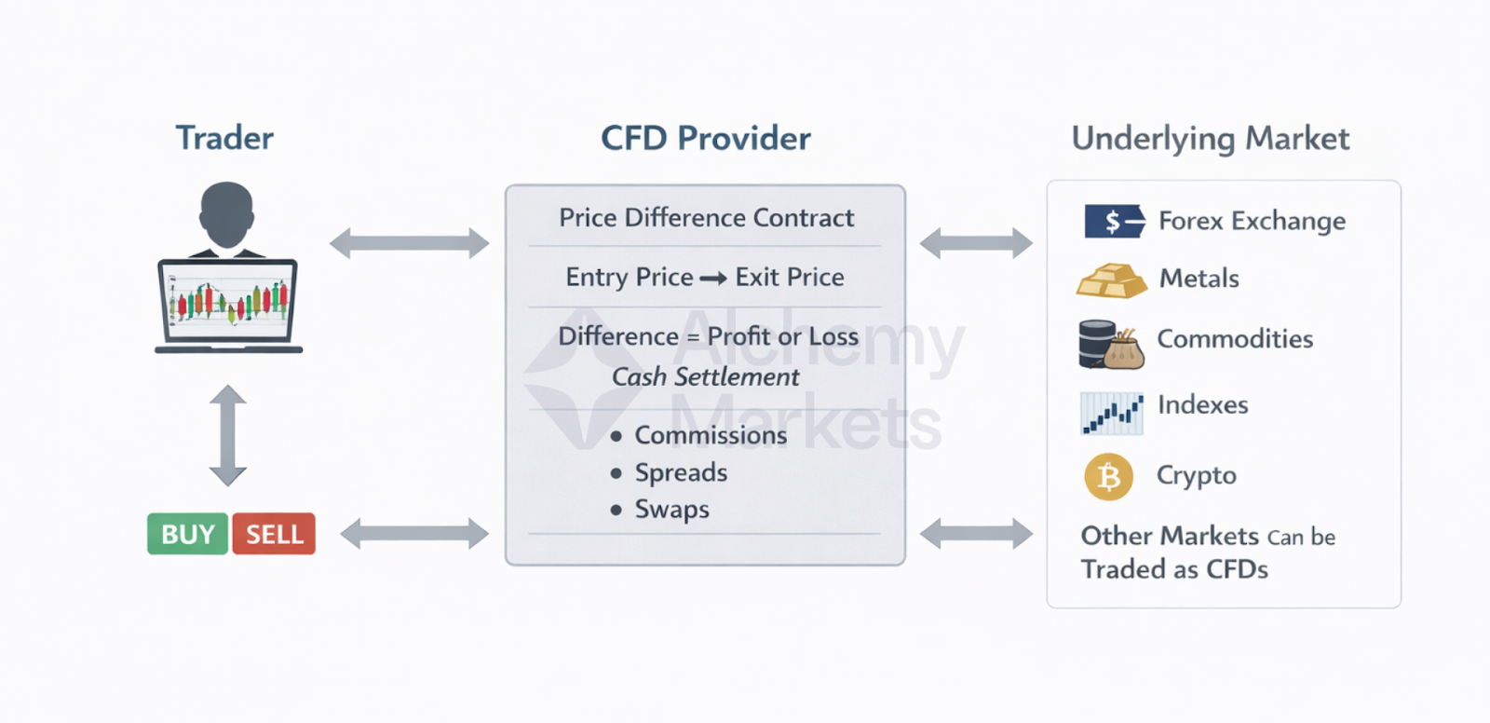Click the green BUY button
[187, 534]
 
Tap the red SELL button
[274, 534]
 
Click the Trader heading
[224, 138]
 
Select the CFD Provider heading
[705, 138]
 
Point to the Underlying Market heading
[1210, 139]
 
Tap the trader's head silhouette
[226, 212]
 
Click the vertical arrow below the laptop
[227, 435]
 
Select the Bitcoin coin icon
[1108, 476]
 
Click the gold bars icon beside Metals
[1111, 280]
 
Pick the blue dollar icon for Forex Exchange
[1114, 221]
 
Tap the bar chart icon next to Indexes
[1111, 413]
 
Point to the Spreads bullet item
[681, 472]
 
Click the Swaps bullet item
[671, 509]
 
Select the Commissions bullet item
[711, 435]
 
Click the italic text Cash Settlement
[705, 376]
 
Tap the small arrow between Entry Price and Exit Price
[713, 278]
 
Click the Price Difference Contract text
[706, 217]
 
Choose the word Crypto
[1196, 475]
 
